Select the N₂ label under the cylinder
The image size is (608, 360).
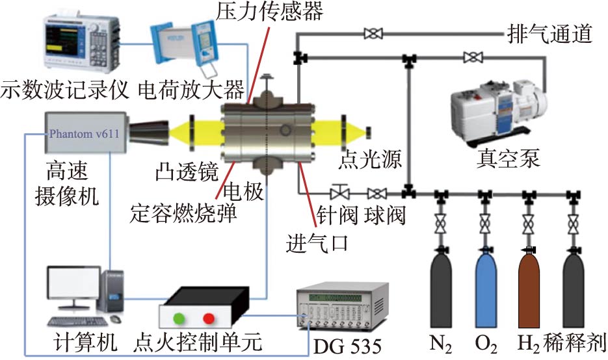[441, 342]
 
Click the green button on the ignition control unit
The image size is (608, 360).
[178, 318]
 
